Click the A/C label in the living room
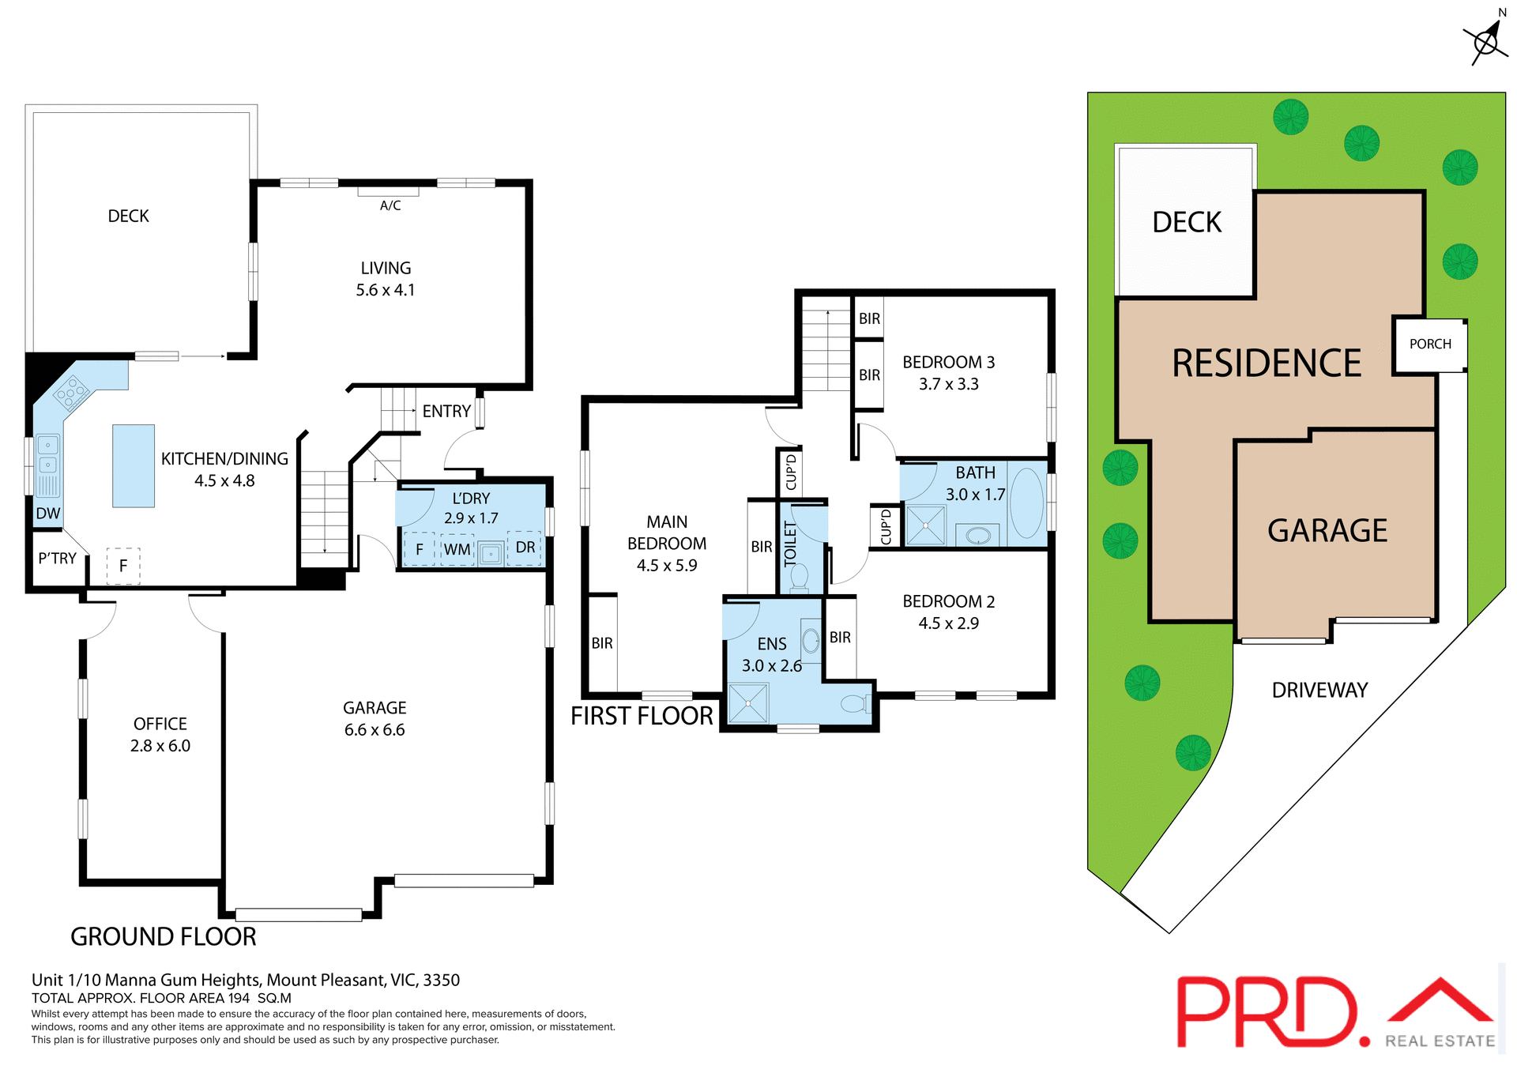tap(390, 205)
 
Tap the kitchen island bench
tap(134, 465)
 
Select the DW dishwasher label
tap(48, 514)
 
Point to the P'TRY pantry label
tap(58, 559)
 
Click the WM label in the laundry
tap(457, 549)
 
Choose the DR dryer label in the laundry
tap(525, 548)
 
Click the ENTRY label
tap(446, 411)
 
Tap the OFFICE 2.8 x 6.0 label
tap(160, 735)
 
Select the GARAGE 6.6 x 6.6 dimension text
tap(375, 730)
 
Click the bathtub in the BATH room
tap(1026, 503)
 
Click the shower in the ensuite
tap(747, 702)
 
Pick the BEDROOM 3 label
tap(948, 363)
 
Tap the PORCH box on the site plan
tap(1430, 344)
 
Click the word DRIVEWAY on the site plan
tap(1319, 691)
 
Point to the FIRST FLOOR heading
tap(642, 716)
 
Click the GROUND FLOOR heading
tap(164, 936)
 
